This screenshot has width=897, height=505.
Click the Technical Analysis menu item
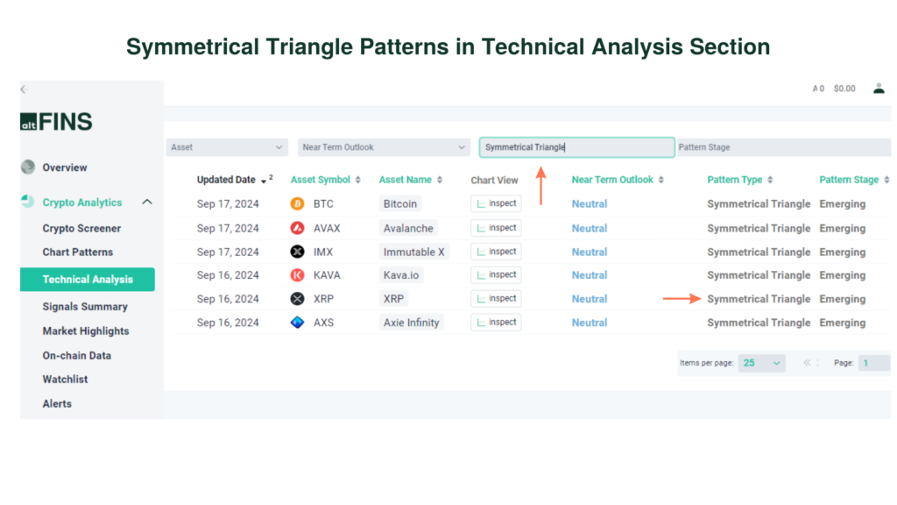click(x=88, y=280)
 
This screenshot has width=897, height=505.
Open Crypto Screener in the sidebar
click(x=81, y=229)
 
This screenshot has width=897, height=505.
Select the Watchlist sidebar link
click(x=65, y=380)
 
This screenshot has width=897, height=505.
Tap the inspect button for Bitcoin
click(x=496, y=203)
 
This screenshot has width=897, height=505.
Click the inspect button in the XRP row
click(x=496, y=299)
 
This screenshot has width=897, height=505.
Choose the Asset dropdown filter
click(x=227, y=147)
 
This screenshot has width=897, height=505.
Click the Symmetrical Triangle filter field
click(x=576, y=147)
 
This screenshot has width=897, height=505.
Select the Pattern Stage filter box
click(x=782, y=147)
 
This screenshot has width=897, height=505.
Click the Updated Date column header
click(x=227, y=180)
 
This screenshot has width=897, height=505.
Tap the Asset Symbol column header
click(x=321, y=180)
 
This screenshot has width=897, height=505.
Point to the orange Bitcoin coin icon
click(x=298, y=204)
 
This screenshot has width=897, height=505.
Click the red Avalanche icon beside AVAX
click(x=298, y=228)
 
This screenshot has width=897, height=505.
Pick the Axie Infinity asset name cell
click(x=411, y=323)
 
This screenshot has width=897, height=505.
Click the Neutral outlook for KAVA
click(x=590, y=275)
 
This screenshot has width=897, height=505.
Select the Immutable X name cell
click(x=413, y=252)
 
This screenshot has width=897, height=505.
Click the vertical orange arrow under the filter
click(x=541, y=186)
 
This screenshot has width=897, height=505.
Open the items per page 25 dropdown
click(x=761, y=363)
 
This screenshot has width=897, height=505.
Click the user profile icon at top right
click(x=879, y=89)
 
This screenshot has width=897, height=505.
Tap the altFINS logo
click(x=56, y=122)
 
